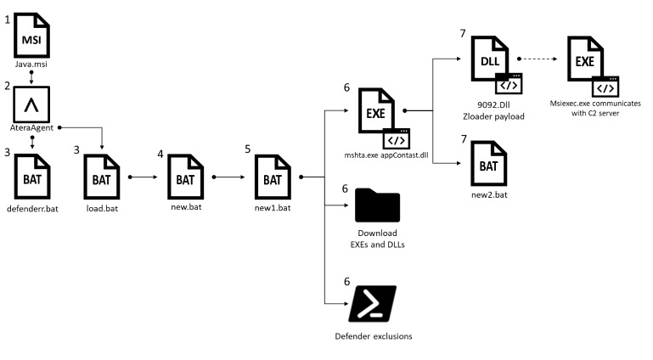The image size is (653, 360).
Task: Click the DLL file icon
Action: (x=490, y=59)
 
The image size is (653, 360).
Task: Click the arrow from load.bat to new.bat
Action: (x=145, y=177)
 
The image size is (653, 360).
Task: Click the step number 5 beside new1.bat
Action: (x=248, y=149)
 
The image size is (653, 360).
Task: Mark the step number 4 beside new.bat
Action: (x=161, y=154)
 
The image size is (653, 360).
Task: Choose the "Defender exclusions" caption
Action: (x=374, y=336)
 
